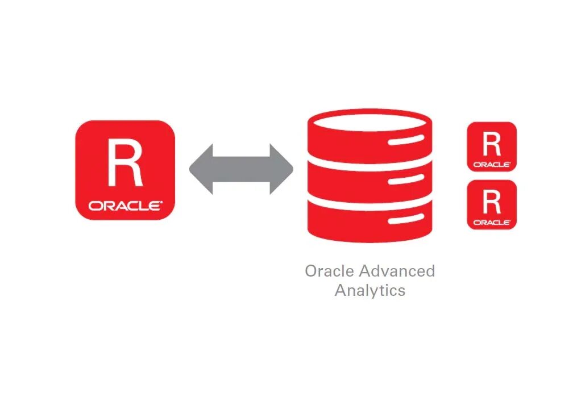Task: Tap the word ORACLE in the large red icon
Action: tap(125, 206)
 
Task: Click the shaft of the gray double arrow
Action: tap(241, 169)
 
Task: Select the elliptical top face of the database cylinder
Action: tap(369, 120)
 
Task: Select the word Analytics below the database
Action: tap(370, 290)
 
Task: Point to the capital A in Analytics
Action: tap(341, 290)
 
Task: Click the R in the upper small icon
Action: tap(492, 144)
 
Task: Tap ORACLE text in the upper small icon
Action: tap(492, 164)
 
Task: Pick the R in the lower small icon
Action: tap(492, 202)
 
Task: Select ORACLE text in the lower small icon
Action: tap(492, 222)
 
